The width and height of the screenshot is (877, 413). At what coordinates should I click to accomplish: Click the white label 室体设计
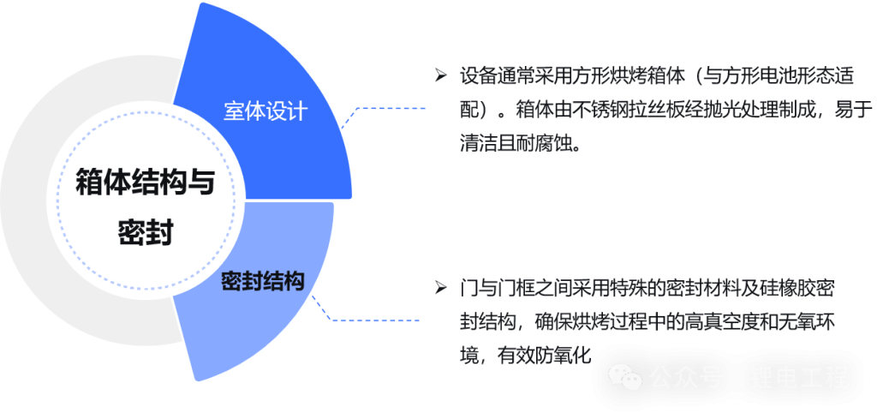pos(265,112)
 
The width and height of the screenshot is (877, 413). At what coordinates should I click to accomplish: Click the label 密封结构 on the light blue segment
pos(263,282)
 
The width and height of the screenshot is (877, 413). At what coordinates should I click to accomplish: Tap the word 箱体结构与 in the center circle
pos(145,182)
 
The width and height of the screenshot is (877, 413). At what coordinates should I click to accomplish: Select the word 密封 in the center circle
pos(145,230)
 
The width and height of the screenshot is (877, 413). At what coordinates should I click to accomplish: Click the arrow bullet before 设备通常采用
pos(440,75)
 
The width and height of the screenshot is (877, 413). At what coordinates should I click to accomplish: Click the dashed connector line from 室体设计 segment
pos(390,109)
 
